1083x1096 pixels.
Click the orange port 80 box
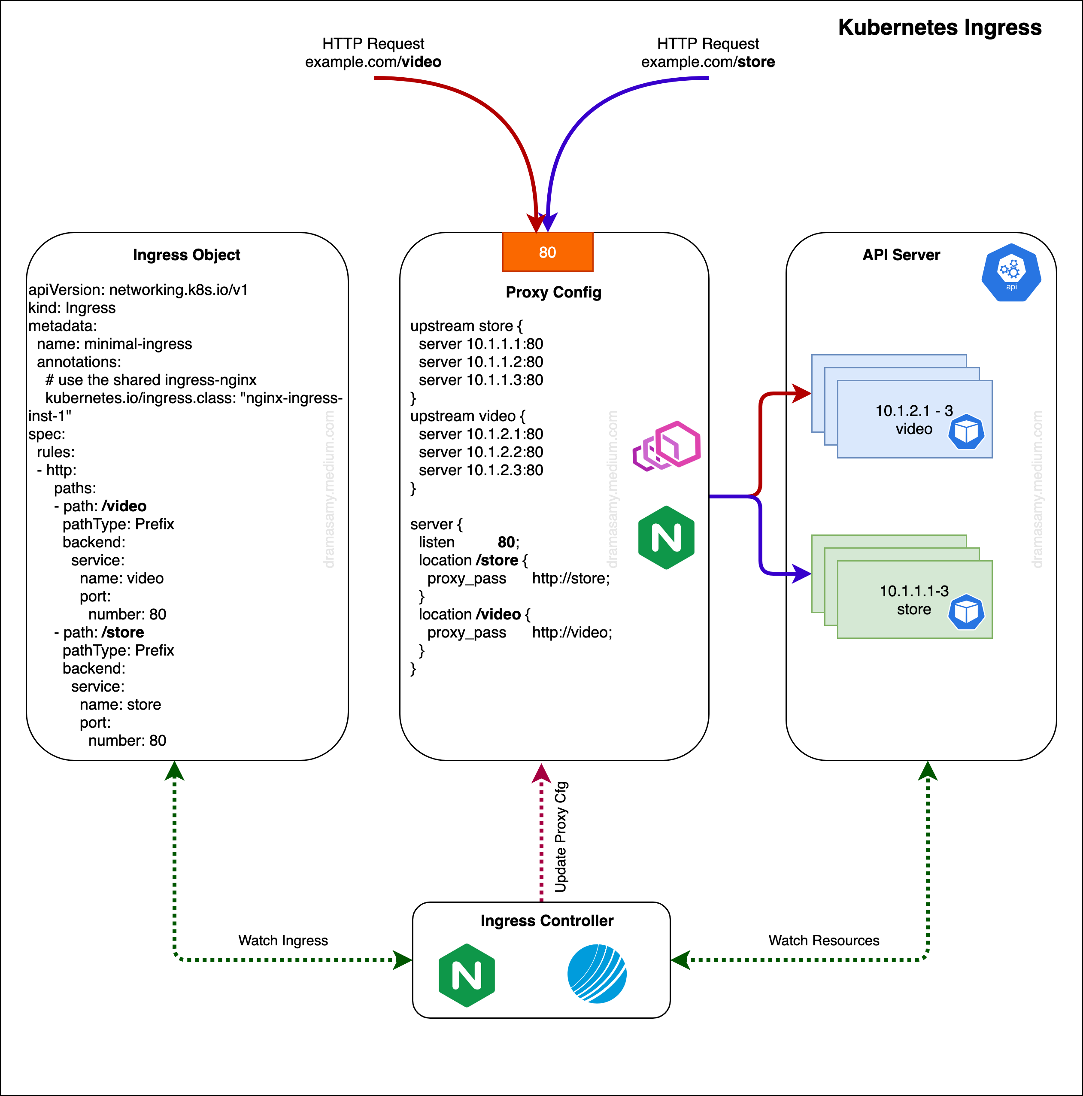pyautogui.click(x=547, y=252)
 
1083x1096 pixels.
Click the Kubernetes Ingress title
pyautogui.click(x=940, y=27)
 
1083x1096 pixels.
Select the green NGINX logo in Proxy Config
pyautogui.click(x=666, y=537)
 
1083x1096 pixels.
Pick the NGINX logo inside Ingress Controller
pyautogui.click(x=466, y=975)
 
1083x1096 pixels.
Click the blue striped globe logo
pyautogui.click(x=597, y=974)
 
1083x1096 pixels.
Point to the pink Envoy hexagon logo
pyautogui.click(x=667, y=446)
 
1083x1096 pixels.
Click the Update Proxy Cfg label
pyautogui.click(x=561, y=837)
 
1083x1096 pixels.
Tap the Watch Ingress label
pyautogui.click(x=282, y=940)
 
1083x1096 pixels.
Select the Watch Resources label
pyautogui.click(x=823, y=940)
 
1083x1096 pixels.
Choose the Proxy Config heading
pyautogui.click(x=553, y=292)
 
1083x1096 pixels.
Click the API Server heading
pyautogui.click(x=901, y=255)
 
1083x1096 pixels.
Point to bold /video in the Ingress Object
pyautogui.click(x=124, y=506)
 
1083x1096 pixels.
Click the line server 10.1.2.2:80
pyautogui.click(x=480, y=452)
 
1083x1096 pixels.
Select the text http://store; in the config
pyautogui.click(x=571, y=578)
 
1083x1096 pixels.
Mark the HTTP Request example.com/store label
pyautogui.click(x=707, y=53)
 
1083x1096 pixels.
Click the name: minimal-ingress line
pyautogui.click(x=114, y=344)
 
